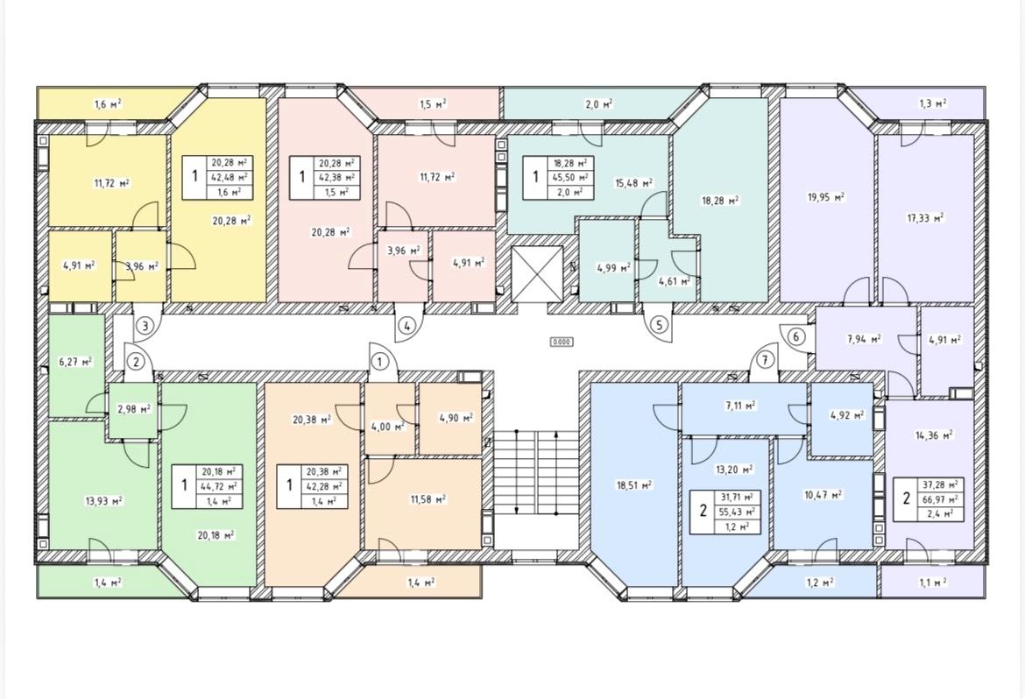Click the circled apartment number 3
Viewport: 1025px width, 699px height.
point(145,325)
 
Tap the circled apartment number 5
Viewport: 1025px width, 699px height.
point(658,324)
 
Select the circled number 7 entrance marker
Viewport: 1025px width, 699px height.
point(764,360)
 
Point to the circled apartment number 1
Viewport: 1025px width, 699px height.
point(379,361)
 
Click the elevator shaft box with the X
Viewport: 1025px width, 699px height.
point(537,273)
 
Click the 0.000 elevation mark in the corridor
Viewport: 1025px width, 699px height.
point(562,342)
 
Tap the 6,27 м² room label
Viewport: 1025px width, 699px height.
point(75,362)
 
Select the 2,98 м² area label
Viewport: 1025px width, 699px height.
point(134,409)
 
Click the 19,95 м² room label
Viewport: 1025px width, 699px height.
point(826,196)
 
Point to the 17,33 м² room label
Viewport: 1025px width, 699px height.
point(925,218)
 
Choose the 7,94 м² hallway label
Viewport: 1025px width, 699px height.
point(864,339)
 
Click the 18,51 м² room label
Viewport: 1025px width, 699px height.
point(633,485)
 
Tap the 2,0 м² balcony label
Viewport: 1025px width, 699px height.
point(598,103)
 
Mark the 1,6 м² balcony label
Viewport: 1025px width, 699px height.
point(108,103)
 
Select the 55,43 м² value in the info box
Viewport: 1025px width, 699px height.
point(740,512)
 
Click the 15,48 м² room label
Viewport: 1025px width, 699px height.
point(633,183)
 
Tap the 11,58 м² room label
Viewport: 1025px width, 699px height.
point(428,499)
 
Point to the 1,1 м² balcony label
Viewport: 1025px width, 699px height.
point(933,582)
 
